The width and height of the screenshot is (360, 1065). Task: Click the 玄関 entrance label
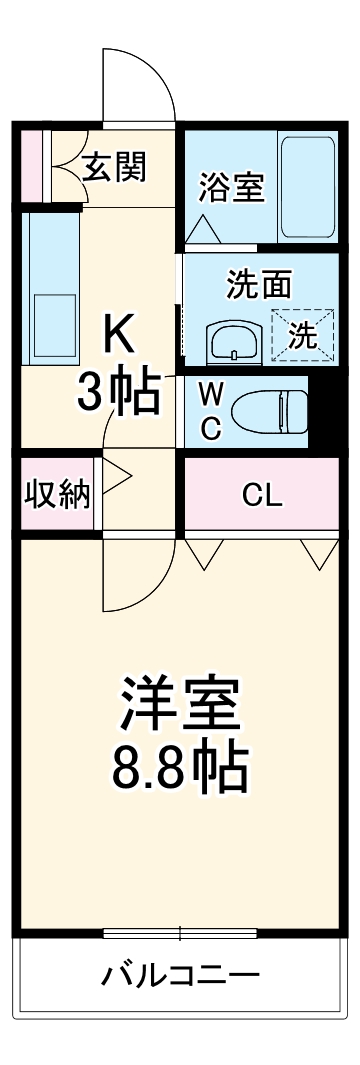click(113, 167)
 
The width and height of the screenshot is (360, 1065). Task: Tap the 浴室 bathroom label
click(231, 186)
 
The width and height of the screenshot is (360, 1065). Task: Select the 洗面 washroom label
click(258, 285)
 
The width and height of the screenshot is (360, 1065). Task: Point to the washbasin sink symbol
click(233, 343)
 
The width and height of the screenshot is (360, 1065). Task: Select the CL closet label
click(262, 493)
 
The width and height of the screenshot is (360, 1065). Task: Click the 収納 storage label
click(57, 493)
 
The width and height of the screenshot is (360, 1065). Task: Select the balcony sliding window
click(180, 934)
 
